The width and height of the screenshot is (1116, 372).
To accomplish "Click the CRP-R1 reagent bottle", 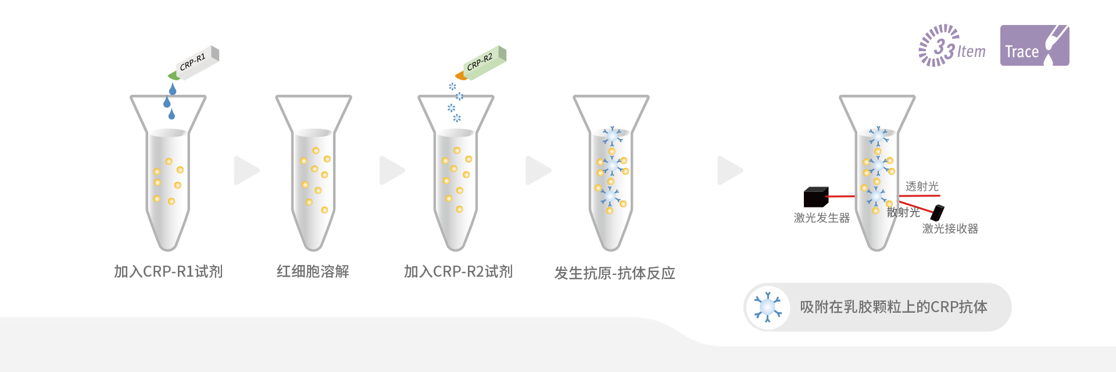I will pyautogui.click(x=196, y=62).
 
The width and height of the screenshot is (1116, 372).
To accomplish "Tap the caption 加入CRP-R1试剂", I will pyautogui.click(x=168, y=271).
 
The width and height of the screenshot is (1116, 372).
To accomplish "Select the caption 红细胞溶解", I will pyautogui.click(x=313, y=271).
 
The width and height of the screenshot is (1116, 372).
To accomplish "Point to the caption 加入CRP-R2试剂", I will pyautogui.click(x=458, y=271).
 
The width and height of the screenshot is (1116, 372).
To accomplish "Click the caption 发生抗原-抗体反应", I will pyautogui.click(x=614, y=273).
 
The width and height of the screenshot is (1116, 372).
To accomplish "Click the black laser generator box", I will pyautogui.click(x=815, y=197).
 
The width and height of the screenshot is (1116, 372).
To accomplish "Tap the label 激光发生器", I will pyautogui.click(x=821, y=218).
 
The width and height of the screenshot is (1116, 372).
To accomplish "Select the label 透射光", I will pyautogui.click(x=922, y=187).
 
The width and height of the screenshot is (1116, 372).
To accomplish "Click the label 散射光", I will pyautogui.click(x=903, y=213).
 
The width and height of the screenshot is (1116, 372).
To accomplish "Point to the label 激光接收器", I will pyautogui.click(x=950, y=229).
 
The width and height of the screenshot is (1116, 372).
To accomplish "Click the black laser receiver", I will pyautogui.click(x=937, y=213).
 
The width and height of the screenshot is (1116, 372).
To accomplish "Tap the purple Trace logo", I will pyautogui.click(x=1034, y=45).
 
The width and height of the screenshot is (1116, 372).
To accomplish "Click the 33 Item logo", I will pyautogui.click(x=952, y=46).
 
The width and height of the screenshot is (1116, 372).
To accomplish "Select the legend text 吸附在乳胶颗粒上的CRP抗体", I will pyautogui.click(x=893, y=307).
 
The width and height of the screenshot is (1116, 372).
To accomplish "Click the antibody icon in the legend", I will pyautogui.click(x=767, y=307).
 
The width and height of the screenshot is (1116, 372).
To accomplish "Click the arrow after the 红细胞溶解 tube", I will pyautogui.click(x=392, y=170).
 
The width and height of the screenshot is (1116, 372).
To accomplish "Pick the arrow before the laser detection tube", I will pyautogui.click(x=729, y=170).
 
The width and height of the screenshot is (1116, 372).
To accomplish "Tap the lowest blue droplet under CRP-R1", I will pyautogui.click(x=171, y=115).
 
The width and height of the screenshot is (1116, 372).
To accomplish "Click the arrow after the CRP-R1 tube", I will pyautogui.click(x=246, y=170).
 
